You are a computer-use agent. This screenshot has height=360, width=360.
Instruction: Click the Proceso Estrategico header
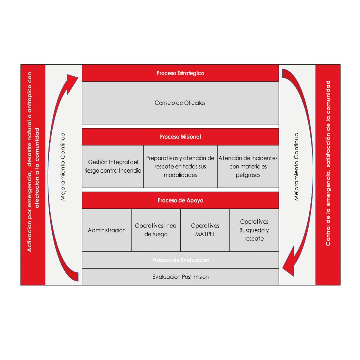pyautogui.click(x=180, y=73)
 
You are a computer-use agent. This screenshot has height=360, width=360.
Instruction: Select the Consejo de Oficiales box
pyautogui.click(x=180, y=103)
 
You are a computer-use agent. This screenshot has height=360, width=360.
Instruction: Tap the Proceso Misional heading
pyautogui.click(x=180, y=137)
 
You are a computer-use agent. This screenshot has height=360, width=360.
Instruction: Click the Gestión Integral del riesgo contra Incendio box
pyautogui.click(x=113, y=166)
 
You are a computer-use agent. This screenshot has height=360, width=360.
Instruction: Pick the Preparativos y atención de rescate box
pyautogui.click(x=180, y=166)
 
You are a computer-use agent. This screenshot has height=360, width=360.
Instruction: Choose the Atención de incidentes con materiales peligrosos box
pyautogui.click(x=248, y=166)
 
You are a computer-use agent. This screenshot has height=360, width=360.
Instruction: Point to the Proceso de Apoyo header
pyautogui.click(x=180, y=200)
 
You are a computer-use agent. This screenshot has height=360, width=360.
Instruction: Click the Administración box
pyautogui.click(x=107, y=230)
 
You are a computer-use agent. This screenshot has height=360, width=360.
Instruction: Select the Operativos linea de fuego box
pyautogui.click(x=156, y=230)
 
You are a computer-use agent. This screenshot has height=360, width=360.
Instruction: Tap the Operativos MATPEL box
pyautogui.click(x=205, y=230)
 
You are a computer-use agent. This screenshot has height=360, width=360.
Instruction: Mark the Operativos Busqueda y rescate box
pyautogui.click(x=254, y=230)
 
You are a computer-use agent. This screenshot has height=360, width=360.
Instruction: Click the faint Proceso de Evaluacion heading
pyautogui.click(x=180, y=260)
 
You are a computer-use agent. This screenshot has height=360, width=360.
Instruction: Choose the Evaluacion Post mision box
pyautogui.click(x=180, y=277)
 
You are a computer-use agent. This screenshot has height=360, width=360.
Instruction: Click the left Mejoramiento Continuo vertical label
pyautogui.click(x=63, y=166)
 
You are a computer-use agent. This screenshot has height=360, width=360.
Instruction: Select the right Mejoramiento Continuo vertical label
pyautogui.click(x=296, y=166)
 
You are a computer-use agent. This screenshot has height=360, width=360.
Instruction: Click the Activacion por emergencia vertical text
pyautogui.click(x=33, y=162)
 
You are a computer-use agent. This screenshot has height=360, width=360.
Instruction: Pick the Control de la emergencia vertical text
pyautogui.click(x=328, y=163)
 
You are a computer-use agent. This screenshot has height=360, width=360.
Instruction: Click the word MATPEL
pyautogui.click(x=205, y=234)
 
